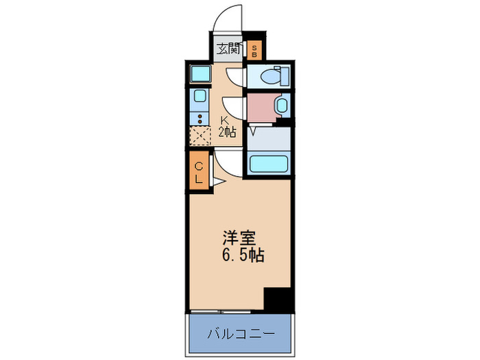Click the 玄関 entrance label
229,49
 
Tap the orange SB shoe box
254,49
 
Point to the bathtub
268,165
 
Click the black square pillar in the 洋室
278,300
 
